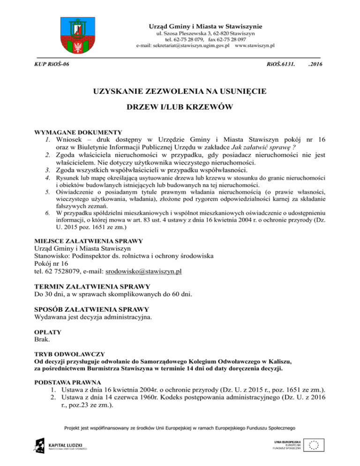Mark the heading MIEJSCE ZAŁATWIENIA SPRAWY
[90, 241]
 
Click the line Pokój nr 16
[55, 263]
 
